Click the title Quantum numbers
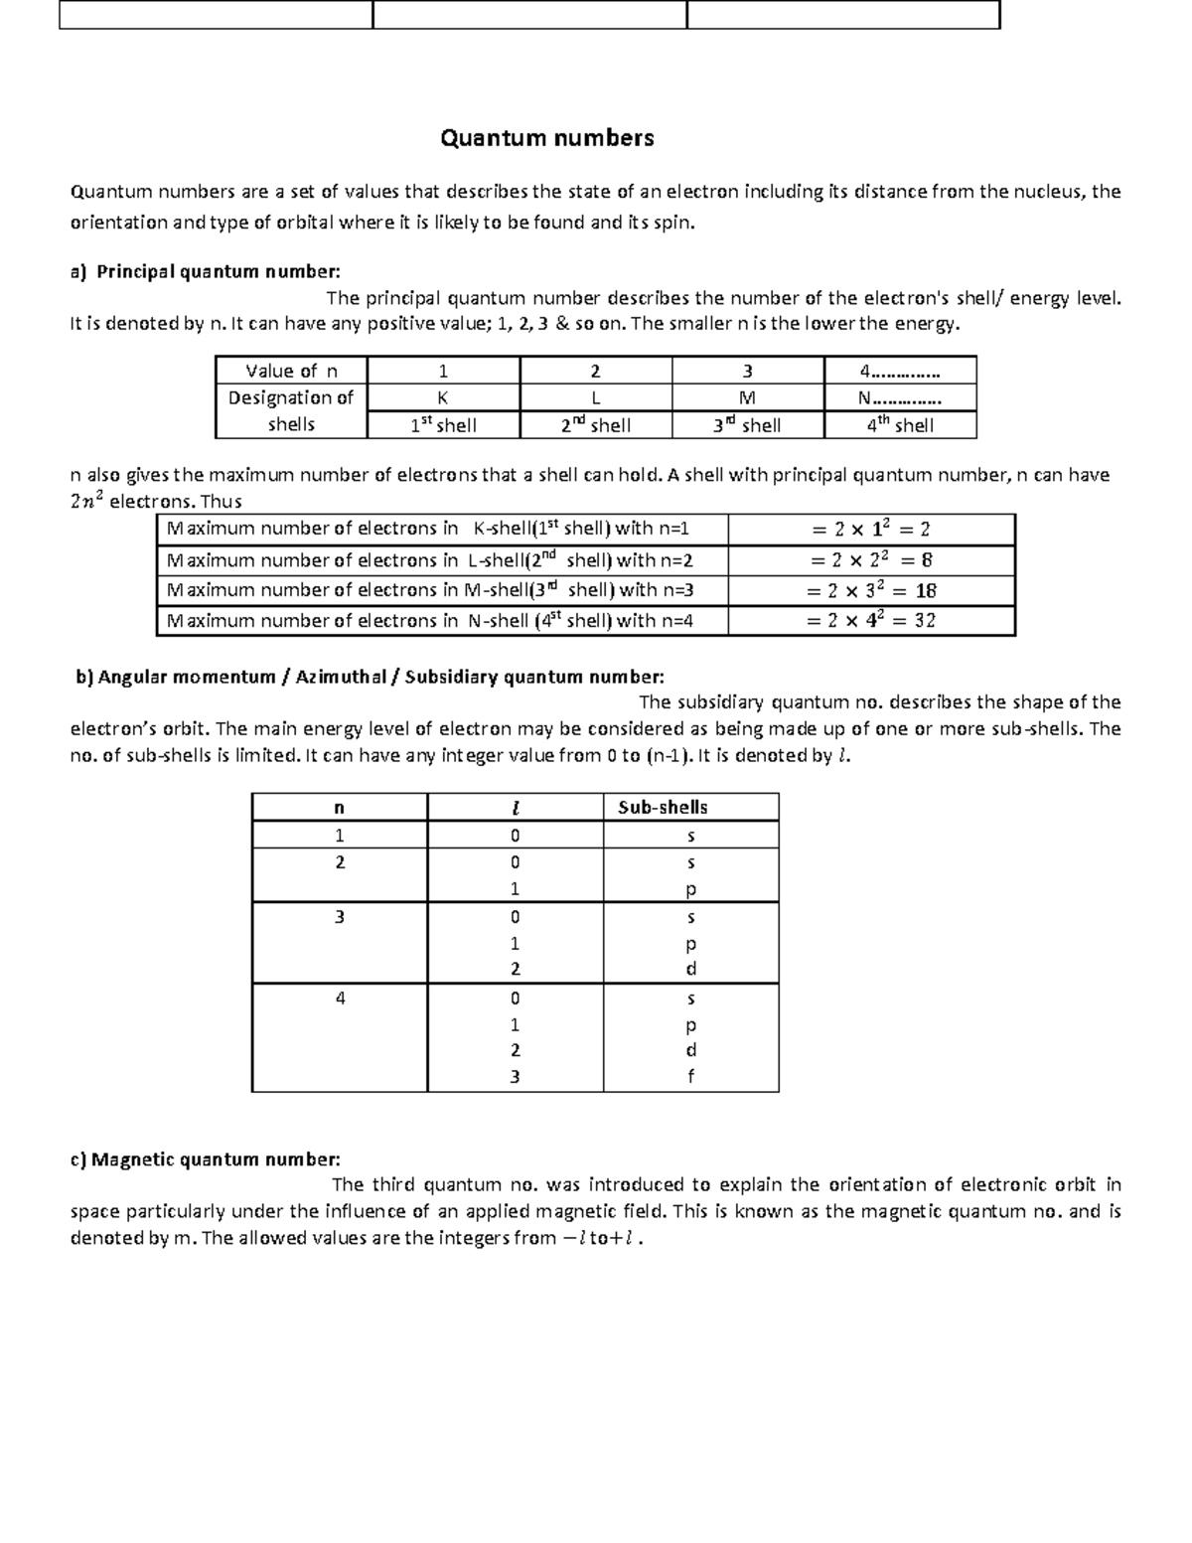547,138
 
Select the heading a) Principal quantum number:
205,271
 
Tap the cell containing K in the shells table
443,397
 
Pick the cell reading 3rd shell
747,425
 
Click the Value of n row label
291,371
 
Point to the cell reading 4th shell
899,425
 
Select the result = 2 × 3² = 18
871,590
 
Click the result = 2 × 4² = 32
871,620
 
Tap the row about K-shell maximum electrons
428,529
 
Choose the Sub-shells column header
663,807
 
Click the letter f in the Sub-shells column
691,1076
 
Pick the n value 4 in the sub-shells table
340,998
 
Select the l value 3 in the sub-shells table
515,1076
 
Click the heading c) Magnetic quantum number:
205,1159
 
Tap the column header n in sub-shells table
340,807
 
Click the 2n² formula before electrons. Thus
86,502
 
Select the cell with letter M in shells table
747,397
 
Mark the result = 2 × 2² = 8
871,559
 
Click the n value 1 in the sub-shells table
340,835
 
